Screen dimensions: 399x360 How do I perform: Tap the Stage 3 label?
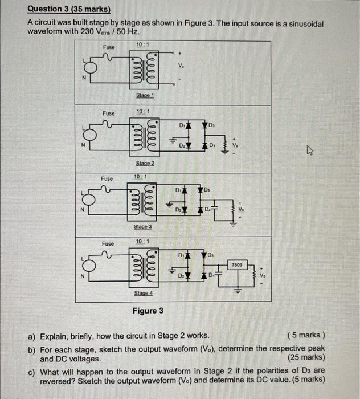pos(144,227)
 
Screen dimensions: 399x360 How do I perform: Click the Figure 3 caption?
pos(148,311)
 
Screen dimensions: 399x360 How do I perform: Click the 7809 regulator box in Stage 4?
pos(238,265)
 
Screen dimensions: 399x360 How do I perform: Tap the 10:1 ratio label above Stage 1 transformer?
pos(143,44)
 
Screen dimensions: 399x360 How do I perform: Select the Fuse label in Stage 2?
pos(108,113)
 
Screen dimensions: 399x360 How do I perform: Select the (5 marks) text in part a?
pos(306,335)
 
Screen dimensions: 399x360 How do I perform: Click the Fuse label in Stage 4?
pos(108,244)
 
